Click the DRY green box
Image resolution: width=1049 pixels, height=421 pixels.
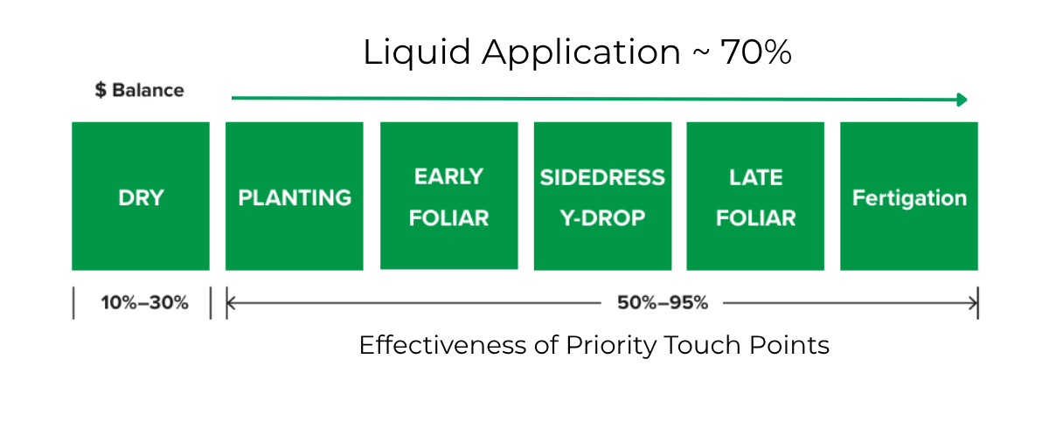pos(141,196)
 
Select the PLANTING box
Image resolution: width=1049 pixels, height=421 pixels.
pos(294,196)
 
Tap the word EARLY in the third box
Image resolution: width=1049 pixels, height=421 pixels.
pos(448,176)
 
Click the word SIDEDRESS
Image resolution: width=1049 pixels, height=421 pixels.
pos(602,178)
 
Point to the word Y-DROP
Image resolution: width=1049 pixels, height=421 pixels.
pos(602,218)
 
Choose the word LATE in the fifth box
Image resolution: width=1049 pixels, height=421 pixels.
pos(756,178)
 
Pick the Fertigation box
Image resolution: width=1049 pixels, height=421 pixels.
pos(909,196)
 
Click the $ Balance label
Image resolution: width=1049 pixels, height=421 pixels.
pos(140,90)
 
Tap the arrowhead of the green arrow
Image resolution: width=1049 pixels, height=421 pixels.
pos(962,100)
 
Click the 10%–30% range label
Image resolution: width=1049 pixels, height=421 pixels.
pos(145,303)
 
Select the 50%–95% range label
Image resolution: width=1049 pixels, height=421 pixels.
pos(663,303)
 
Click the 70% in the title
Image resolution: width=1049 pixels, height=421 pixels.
pos(756,52)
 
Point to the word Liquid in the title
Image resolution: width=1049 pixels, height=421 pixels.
pos(417,52)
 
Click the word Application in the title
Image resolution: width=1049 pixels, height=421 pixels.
pos(581,52)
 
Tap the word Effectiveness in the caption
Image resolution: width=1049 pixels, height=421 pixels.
pos(443,345)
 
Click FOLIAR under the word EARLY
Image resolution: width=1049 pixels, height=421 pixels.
pos(448,218)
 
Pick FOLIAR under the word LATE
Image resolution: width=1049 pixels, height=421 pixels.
pos(756,218)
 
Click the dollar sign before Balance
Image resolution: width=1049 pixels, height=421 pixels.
pos(101,90)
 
